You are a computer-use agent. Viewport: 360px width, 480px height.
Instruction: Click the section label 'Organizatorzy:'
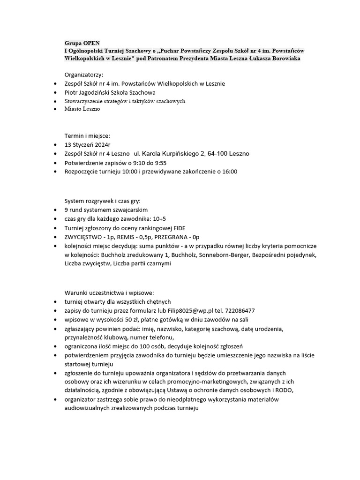[84, 75]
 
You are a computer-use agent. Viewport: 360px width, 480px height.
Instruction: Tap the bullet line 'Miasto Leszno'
[82, 109]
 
